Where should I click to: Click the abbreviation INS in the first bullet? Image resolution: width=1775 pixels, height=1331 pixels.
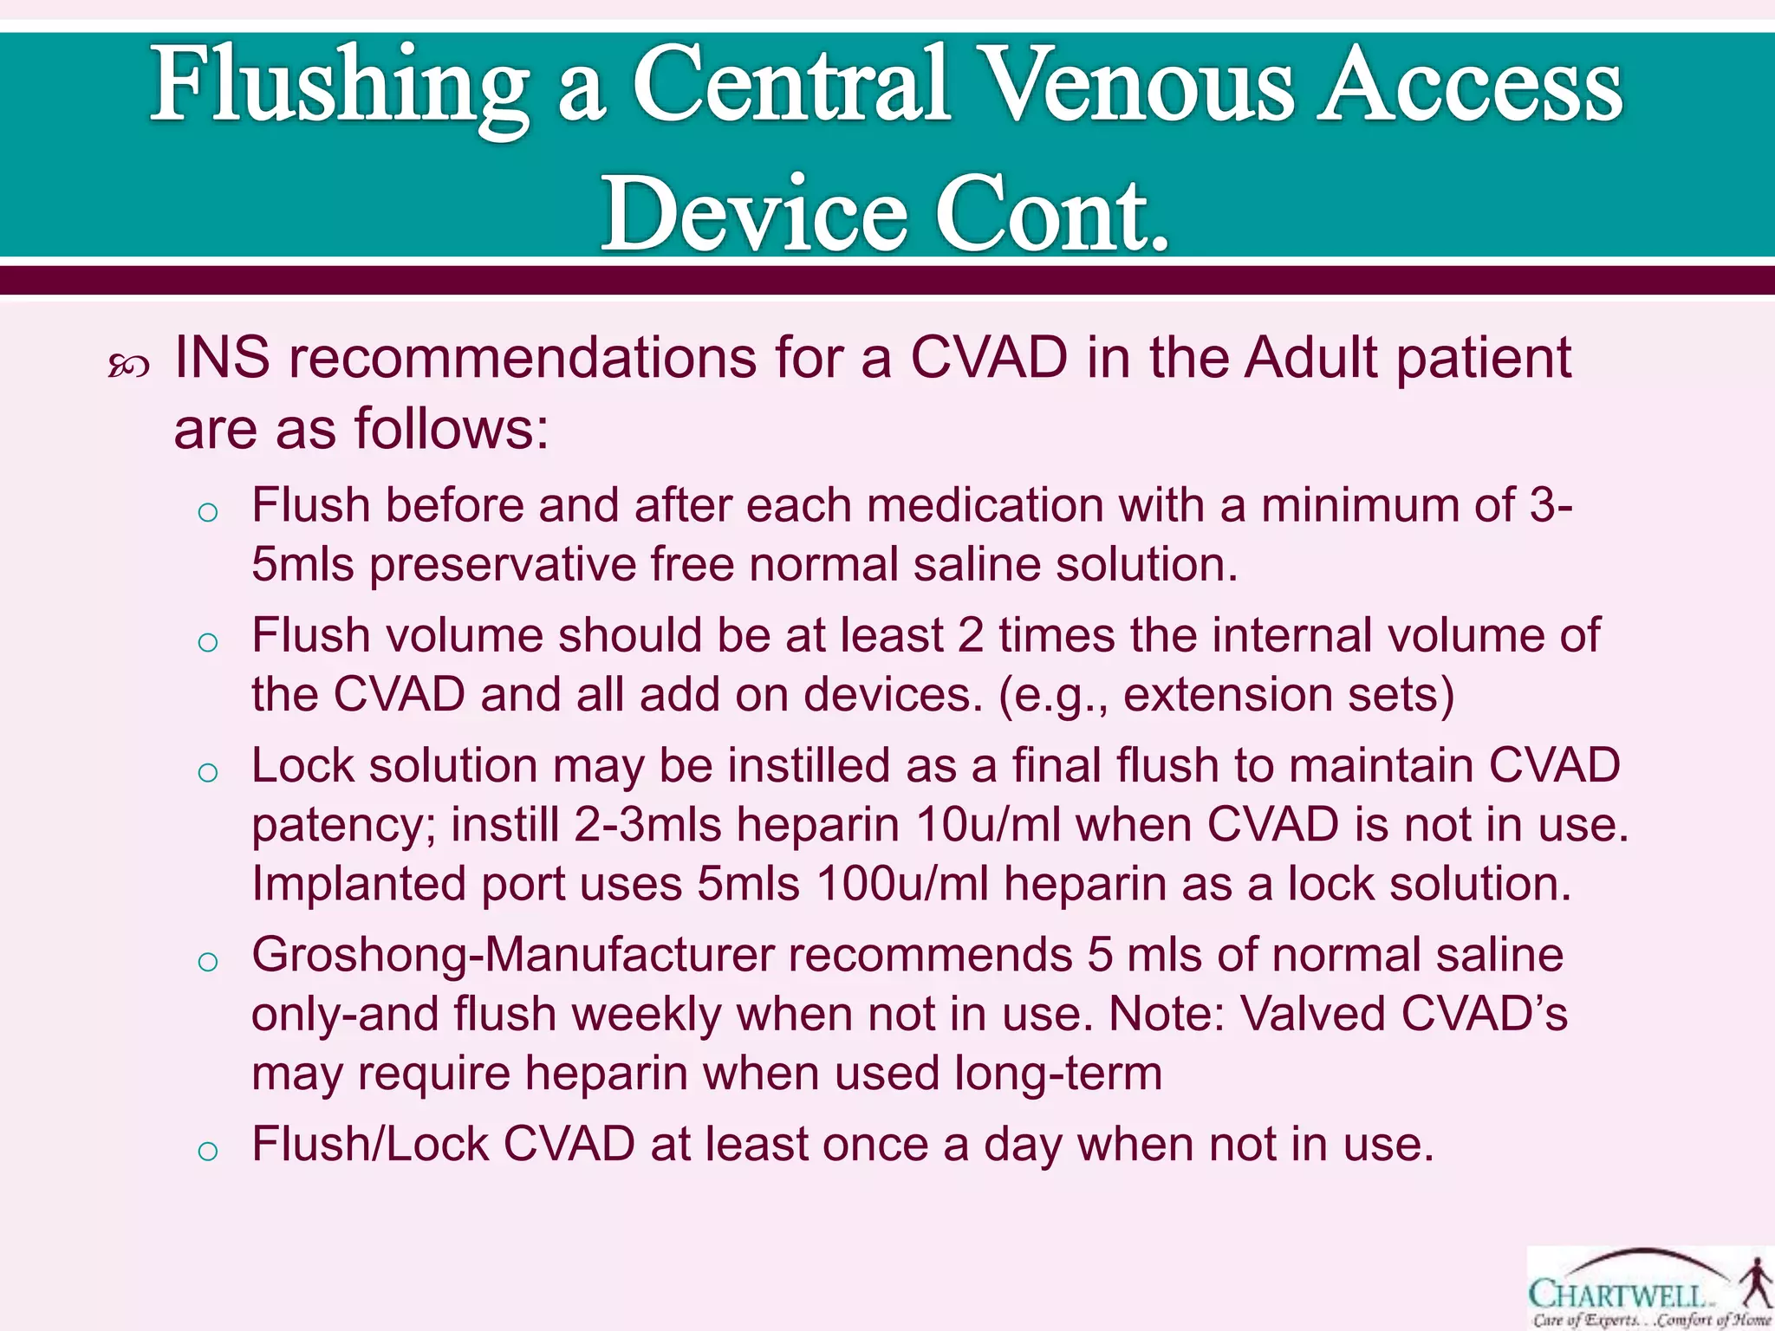(222, 357)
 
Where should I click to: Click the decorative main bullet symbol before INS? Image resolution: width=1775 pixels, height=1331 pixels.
(128, 367)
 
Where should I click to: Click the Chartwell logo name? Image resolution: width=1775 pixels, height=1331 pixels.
(1617, 1295)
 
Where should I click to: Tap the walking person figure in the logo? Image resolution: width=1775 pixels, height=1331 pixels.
(1756, 1283)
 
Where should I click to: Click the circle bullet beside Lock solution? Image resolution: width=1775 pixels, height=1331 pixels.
(207, 772)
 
